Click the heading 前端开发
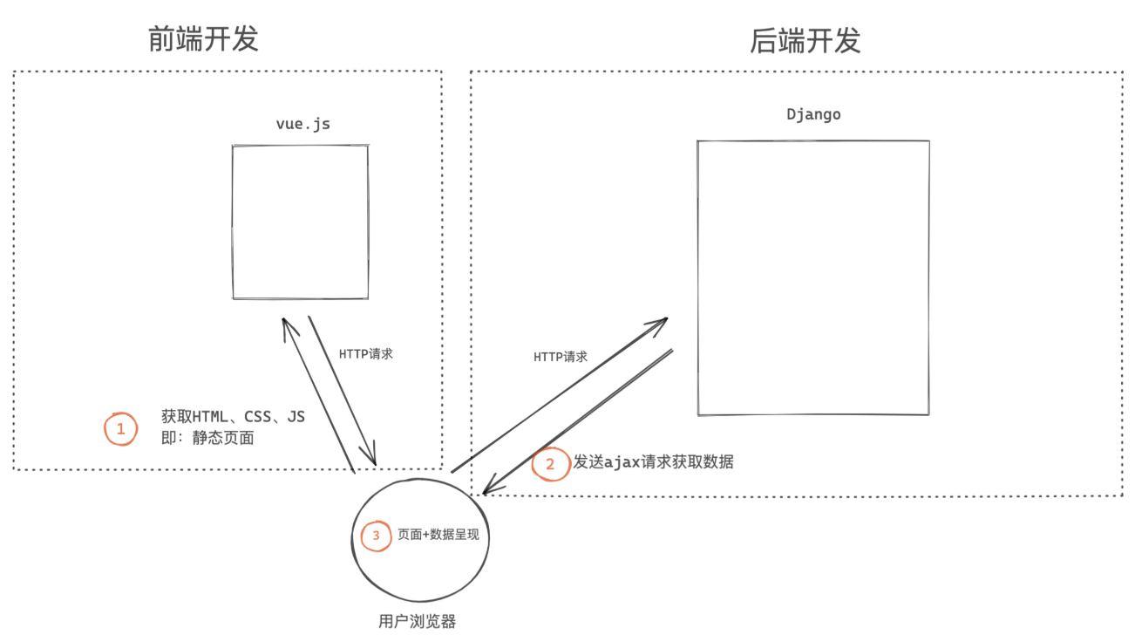click(203, 39)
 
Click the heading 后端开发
click(805, 40)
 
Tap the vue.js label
click(302, 124)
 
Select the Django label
click(813, 114)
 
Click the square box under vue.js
click(300, 222)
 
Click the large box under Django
click(812, 277)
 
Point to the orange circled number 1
click(120, 428)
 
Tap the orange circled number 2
click(549, 464)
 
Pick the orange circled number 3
click(377, 536)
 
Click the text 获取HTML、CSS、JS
click(233, 417)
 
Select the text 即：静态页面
click(207, 438)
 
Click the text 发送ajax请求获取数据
click(653, 462)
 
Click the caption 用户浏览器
click(418, 621)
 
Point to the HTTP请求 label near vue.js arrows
click(365, 354)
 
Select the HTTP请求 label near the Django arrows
click(561, 357)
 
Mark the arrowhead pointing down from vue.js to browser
click(373, 459)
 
